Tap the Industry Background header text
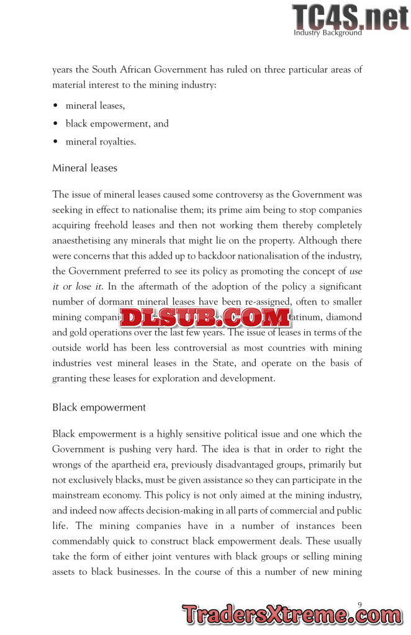(x=327, y=33)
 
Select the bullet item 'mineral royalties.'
(x=100, y=141)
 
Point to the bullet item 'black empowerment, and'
(x=117, y=123)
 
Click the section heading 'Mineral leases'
(x=84, y=168)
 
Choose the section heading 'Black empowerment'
(x=99, y=407)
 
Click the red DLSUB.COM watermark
(x=205, y=317)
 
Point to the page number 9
(x=360, y=603)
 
